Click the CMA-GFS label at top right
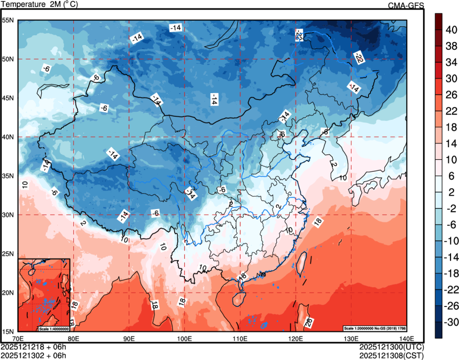coord(406,5)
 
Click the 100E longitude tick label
coord(184,338)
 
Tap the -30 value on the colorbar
coord(450,321)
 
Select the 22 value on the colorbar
coord(450,111)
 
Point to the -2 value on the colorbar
coord(450,208)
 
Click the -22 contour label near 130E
coord(358,56)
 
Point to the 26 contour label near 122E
coord(309,322)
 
